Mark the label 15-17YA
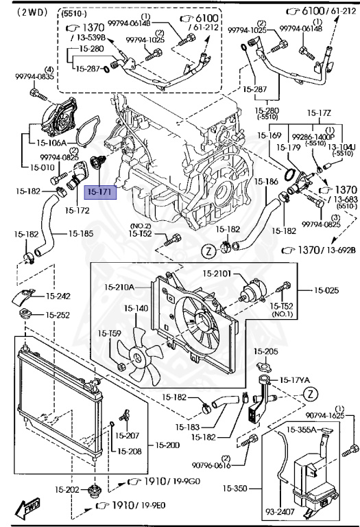click(293, 379)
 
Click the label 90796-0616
click(219, 463)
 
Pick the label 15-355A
click(302, 430)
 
